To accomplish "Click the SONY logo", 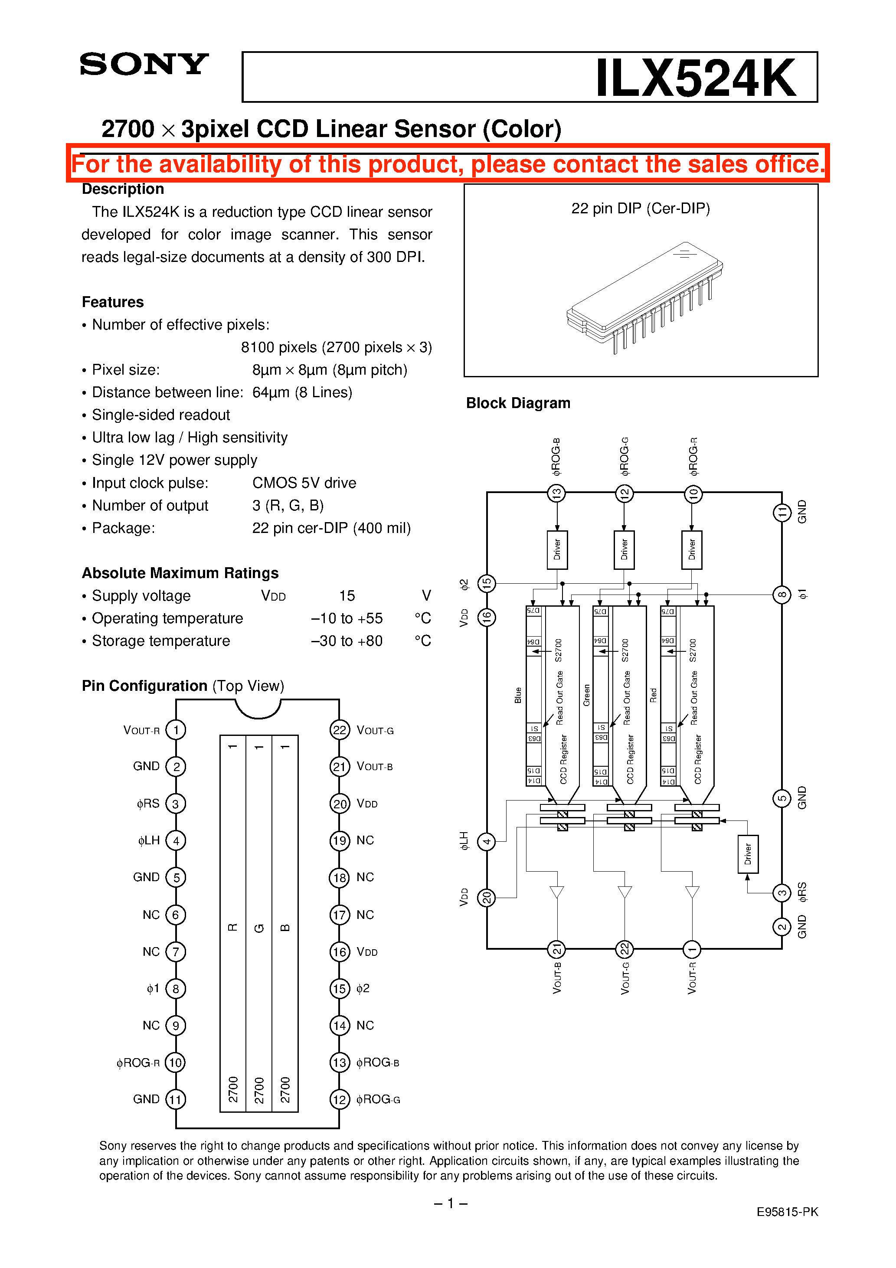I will (144, 64).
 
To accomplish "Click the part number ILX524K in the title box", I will (695, 78).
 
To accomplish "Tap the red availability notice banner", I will (448, 164).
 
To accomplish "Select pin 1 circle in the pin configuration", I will (176, 730).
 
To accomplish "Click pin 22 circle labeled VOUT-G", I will (339, 730).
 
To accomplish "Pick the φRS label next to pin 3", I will (148, 804).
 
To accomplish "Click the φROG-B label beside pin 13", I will (378, 1062).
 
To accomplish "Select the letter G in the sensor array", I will (259, 928).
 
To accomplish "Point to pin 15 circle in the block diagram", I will (487, 583).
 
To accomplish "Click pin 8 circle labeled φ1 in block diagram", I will (782, 595).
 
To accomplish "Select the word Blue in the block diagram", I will (517, 695).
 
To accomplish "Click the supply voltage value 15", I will (347, 596).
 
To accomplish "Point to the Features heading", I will (113, 302).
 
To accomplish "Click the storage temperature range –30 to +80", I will (347, 641).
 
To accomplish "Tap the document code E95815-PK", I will (787, 1212).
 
